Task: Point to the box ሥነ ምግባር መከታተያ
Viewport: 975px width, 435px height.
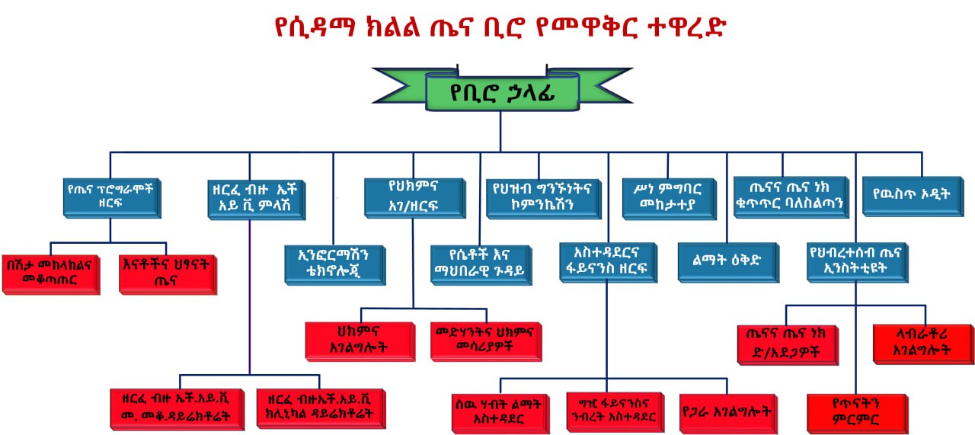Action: tap(668, 197)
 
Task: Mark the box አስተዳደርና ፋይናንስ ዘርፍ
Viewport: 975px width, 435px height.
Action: tap(607, 262)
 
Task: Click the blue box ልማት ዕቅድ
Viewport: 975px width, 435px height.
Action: tap(727, 262)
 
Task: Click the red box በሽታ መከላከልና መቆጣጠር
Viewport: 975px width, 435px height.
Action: tap(50, 273)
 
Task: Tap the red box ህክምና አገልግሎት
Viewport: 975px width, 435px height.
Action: tap(360, 340)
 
